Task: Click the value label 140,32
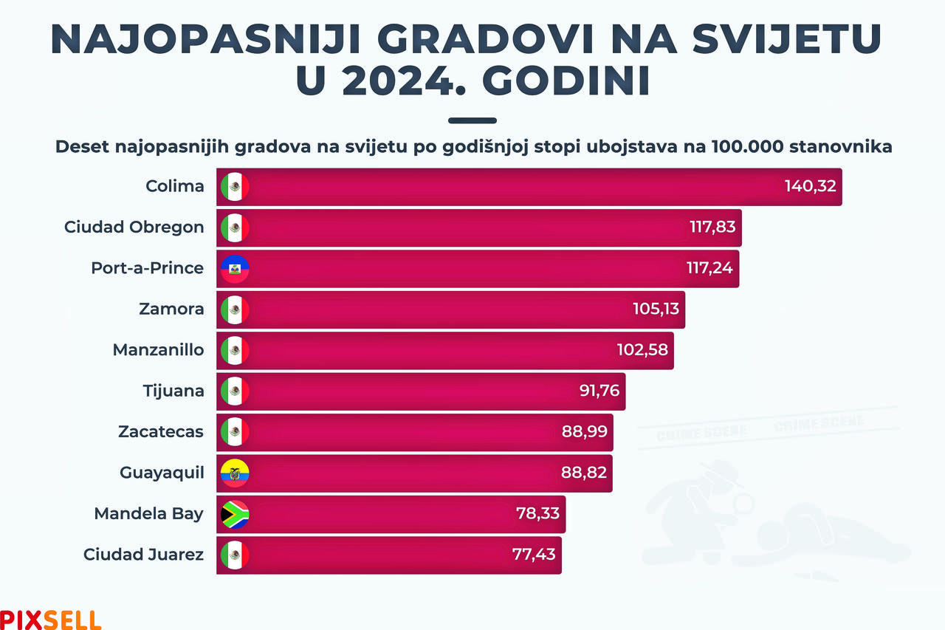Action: click(810, 186)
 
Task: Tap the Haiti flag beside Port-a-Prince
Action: click(235, 268)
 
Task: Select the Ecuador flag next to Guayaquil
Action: click(235, 473)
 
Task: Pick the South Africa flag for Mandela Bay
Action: click(235, 514)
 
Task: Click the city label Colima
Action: click(175, 186)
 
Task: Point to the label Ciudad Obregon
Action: click(134, 227)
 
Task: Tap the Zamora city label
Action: click(171, 309)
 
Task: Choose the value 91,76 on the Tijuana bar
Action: click(599, 391)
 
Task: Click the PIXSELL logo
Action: click(50, 619)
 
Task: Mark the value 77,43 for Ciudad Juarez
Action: click(534, 555)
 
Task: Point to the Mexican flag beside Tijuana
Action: click(235, 391)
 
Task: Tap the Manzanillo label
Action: click(158, 349)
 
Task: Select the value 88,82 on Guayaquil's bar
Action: click(584, 473)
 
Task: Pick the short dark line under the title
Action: click(472, 120)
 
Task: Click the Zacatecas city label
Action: click(161, 431)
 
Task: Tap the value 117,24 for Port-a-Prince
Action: click(709, 268)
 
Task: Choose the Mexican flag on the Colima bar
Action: click(235, 186)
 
